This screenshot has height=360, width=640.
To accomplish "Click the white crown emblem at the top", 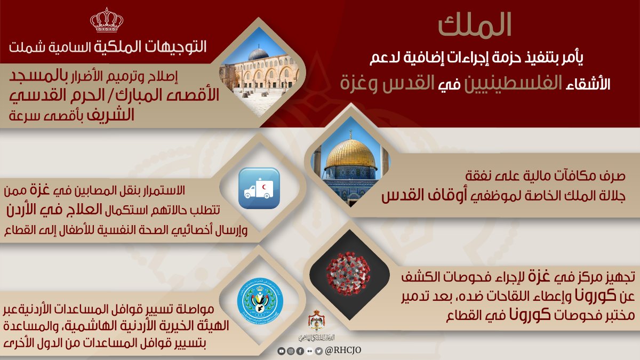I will (107, 21).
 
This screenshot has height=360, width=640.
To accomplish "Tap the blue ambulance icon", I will (259, 188).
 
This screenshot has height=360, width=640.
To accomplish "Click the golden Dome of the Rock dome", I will (350, 155).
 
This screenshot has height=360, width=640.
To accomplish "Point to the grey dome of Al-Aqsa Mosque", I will (259, 54).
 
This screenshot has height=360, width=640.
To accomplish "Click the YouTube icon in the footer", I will (282, 351).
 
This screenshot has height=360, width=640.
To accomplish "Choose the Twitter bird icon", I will (318, 351).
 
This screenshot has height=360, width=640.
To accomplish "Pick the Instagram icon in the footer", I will (291, 351).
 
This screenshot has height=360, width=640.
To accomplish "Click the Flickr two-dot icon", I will (309, 351).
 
